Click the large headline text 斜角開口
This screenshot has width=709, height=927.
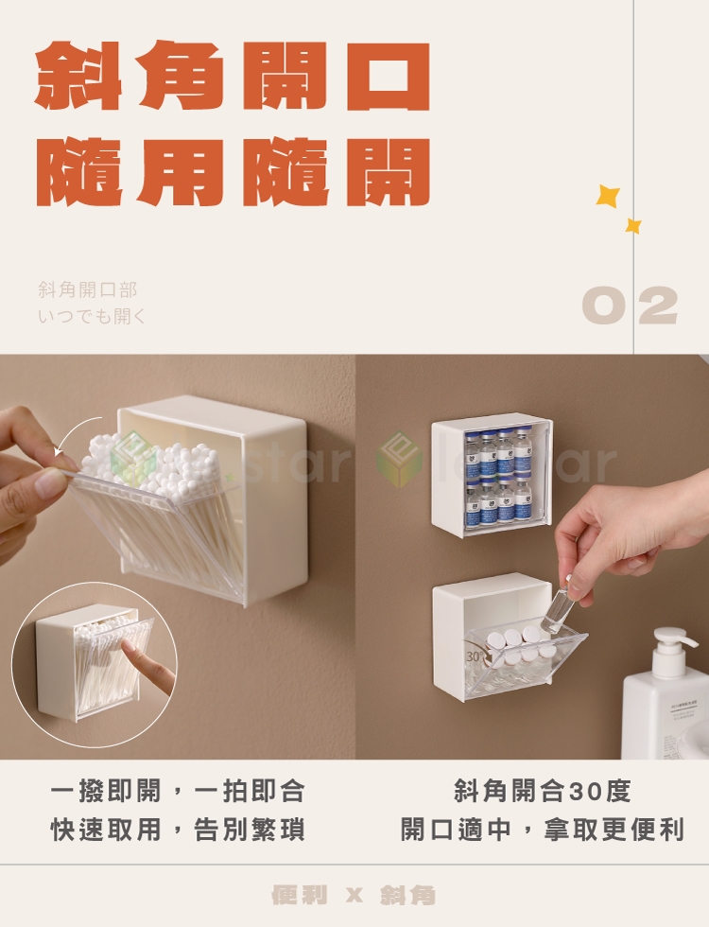[233, 75]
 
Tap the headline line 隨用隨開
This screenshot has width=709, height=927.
[233, 172]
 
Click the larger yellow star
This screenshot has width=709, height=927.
[608, 196]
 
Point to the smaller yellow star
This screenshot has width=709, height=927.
[633, 225]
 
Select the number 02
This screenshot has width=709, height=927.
[630, 305]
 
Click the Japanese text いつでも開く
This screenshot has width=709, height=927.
[92, 316]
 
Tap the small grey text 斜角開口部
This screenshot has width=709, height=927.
[87, 289]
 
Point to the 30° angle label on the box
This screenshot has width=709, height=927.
[475, 656]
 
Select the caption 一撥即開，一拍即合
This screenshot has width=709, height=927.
[178, 791]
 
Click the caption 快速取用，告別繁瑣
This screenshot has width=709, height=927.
[178, 829]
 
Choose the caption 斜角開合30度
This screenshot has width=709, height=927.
[543, 791]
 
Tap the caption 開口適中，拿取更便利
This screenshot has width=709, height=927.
[543, 829]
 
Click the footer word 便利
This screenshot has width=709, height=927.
[299, 895]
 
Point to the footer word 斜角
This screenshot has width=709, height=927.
[408, 895]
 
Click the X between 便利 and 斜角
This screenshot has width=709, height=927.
[354, 896]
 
